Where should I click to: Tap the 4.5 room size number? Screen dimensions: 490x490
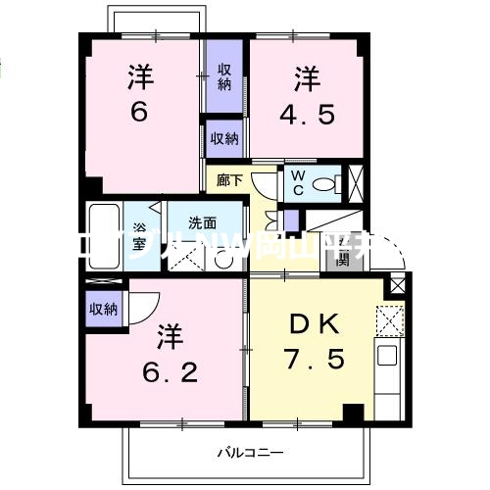pos(306,113)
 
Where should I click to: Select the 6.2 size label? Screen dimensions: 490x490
pos(168,373)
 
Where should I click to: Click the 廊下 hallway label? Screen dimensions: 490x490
pos(229,180)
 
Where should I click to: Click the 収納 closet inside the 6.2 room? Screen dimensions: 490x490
pos(104,309)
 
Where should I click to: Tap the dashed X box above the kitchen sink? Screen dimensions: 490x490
pos(388,320)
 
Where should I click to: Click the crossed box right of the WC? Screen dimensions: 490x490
pos(359,182)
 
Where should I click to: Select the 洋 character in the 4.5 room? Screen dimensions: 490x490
pos(306,76)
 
